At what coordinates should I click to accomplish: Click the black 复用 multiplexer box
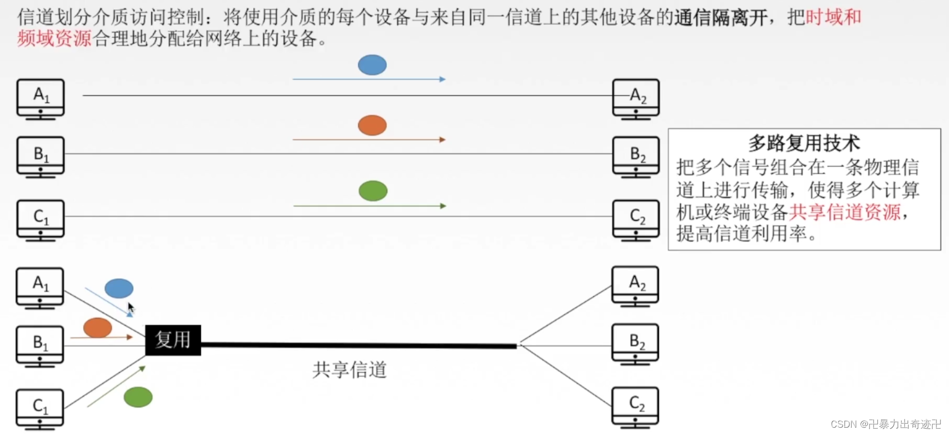173,340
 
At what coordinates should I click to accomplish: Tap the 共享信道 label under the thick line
350,370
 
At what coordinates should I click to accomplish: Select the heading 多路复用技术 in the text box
804,142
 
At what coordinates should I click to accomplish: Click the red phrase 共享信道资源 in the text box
844,212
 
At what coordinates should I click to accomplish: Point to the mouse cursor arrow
130,308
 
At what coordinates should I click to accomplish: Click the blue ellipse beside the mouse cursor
119,288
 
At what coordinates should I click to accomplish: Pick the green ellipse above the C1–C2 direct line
373,191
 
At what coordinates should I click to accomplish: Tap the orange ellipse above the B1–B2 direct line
372,126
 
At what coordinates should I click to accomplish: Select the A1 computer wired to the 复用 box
40,287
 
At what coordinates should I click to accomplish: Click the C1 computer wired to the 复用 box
40,408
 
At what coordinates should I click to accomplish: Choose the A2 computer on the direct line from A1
636,98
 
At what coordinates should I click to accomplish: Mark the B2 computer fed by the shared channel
635,344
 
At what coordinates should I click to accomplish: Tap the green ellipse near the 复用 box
138,397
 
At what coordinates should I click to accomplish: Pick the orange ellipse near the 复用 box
98,328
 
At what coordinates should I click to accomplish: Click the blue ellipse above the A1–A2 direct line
372,65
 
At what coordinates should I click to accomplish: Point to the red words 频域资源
54,39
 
